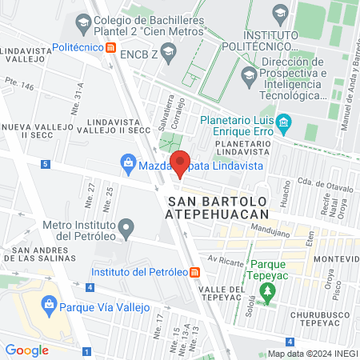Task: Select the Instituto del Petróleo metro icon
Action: [x=195, y=272]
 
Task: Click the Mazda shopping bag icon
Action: [x=128, y=163]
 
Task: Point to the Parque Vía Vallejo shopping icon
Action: [x=50, y=305]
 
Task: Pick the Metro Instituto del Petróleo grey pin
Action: [x=126, y=232]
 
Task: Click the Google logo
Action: [x=26, y=350]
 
